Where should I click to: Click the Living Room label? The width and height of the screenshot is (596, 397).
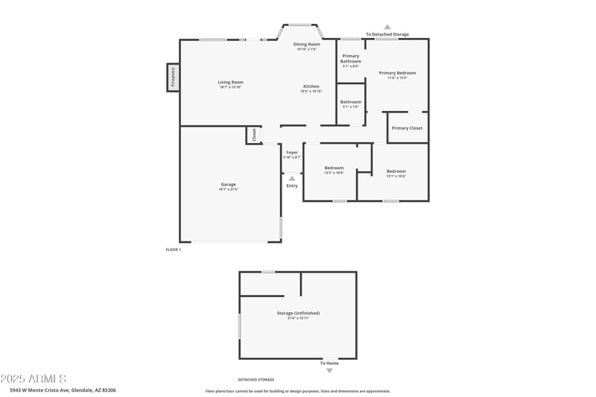230,83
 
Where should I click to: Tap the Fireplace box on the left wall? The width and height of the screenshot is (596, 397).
173,77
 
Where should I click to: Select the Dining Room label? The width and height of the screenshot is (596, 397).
306,45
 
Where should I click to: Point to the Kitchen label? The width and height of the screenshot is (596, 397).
311,86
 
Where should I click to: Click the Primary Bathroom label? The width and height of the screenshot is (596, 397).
351,59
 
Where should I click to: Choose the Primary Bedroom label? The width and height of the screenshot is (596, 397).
397,73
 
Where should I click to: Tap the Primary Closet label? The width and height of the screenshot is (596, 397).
407,128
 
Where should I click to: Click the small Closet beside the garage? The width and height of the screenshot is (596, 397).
253,135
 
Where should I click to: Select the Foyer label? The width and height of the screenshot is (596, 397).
292,153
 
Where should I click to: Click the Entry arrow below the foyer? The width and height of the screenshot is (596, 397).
292,179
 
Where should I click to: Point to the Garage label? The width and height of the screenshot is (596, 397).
228,185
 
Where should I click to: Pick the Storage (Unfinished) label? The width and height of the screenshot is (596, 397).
294,314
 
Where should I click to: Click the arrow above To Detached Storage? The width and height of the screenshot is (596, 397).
387,27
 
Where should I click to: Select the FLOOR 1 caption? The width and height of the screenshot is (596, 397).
173,250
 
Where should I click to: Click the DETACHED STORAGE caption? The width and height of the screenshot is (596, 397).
256,380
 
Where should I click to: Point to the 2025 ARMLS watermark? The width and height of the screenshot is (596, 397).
34,379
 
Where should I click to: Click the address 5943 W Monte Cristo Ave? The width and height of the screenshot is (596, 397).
63,390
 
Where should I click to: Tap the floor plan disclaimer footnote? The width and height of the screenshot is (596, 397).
297,391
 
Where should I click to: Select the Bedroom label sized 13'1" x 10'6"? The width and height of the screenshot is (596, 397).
396,172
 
